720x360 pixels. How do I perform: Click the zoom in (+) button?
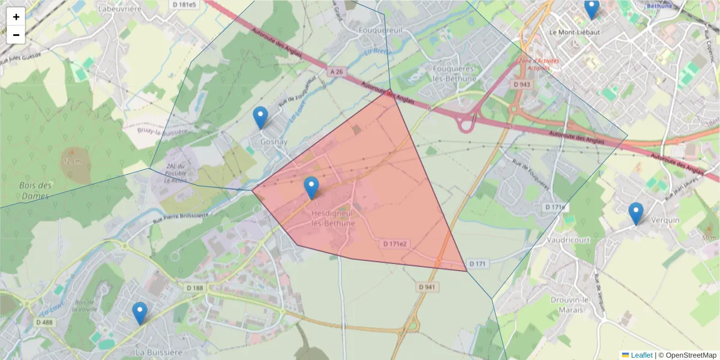pos(16,17)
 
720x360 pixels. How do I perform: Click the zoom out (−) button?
pos(16,35)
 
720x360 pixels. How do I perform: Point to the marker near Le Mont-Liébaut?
pos(591,8)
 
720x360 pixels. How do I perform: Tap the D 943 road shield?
pos(522,85)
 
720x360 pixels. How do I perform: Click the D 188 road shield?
pos(195,288)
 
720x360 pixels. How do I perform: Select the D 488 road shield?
pos(44,322)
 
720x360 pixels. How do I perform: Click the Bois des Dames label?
pos(34,191)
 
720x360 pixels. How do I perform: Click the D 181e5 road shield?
pos(184,5)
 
